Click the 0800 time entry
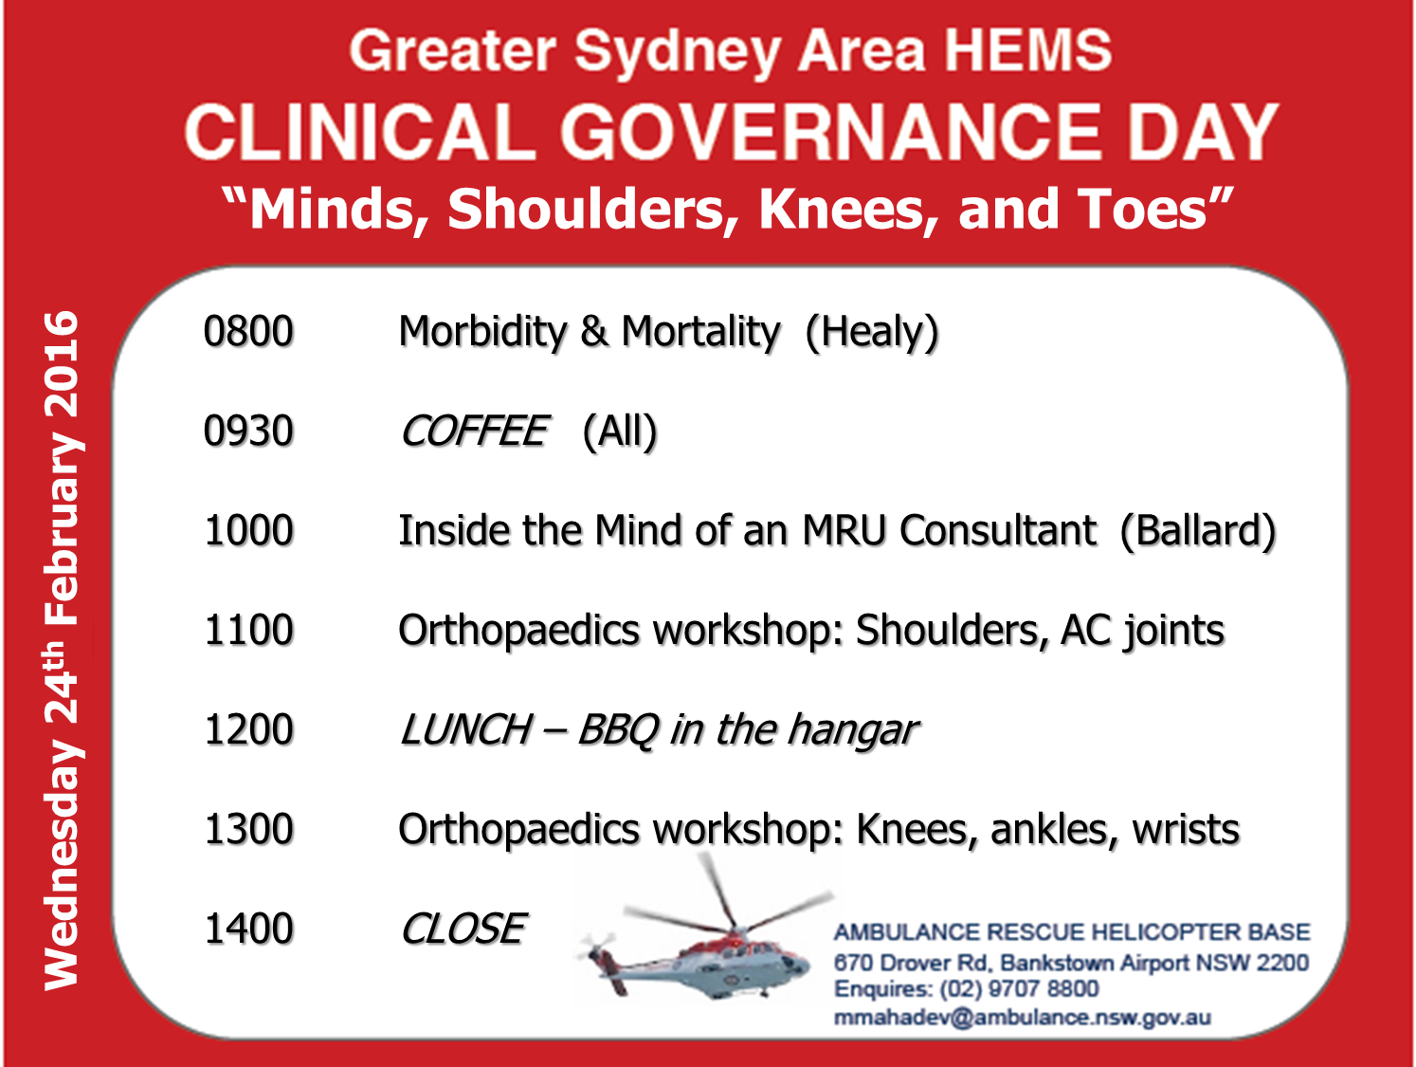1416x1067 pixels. (248, 331)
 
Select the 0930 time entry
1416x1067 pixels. (248, 431)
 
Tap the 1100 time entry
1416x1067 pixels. (249, 630)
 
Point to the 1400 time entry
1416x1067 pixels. (249, 929)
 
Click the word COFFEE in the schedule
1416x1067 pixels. (474, 431)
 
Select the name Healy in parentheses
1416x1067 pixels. (872, 333)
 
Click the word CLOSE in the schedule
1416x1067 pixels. (463, 929)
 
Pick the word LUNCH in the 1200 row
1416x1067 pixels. (465, 730)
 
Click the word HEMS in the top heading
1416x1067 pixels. (1028, 50)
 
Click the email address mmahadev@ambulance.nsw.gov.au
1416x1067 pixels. (1023, 1018)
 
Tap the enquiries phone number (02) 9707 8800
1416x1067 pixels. (1019, 989)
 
